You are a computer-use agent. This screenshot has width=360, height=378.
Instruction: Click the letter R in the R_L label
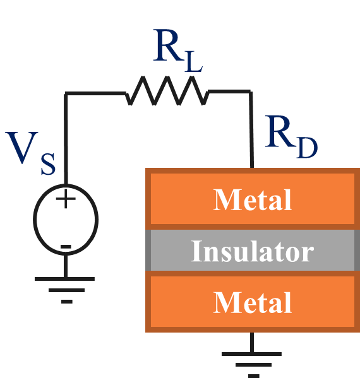coord(167,47)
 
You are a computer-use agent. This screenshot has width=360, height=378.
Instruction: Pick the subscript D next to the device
coord(306,147)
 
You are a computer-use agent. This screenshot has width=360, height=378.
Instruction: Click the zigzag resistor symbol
coord(167,92)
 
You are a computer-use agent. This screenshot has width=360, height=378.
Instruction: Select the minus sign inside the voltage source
coord(66,245)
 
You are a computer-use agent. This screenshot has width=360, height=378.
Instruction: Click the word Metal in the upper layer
coord(253,200)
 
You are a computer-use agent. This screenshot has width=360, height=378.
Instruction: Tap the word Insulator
coord(253,251)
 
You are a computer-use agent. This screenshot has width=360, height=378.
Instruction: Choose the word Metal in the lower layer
coord(253,302)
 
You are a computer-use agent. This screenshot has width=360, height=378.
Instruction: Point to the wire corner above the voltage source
coord(66,93)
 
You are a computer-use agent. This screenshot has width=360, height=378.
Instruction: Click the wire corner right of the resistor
coord(251,93)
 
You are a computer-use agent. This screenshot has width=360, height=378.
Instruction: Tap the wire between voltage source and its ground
coord(66,266)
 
